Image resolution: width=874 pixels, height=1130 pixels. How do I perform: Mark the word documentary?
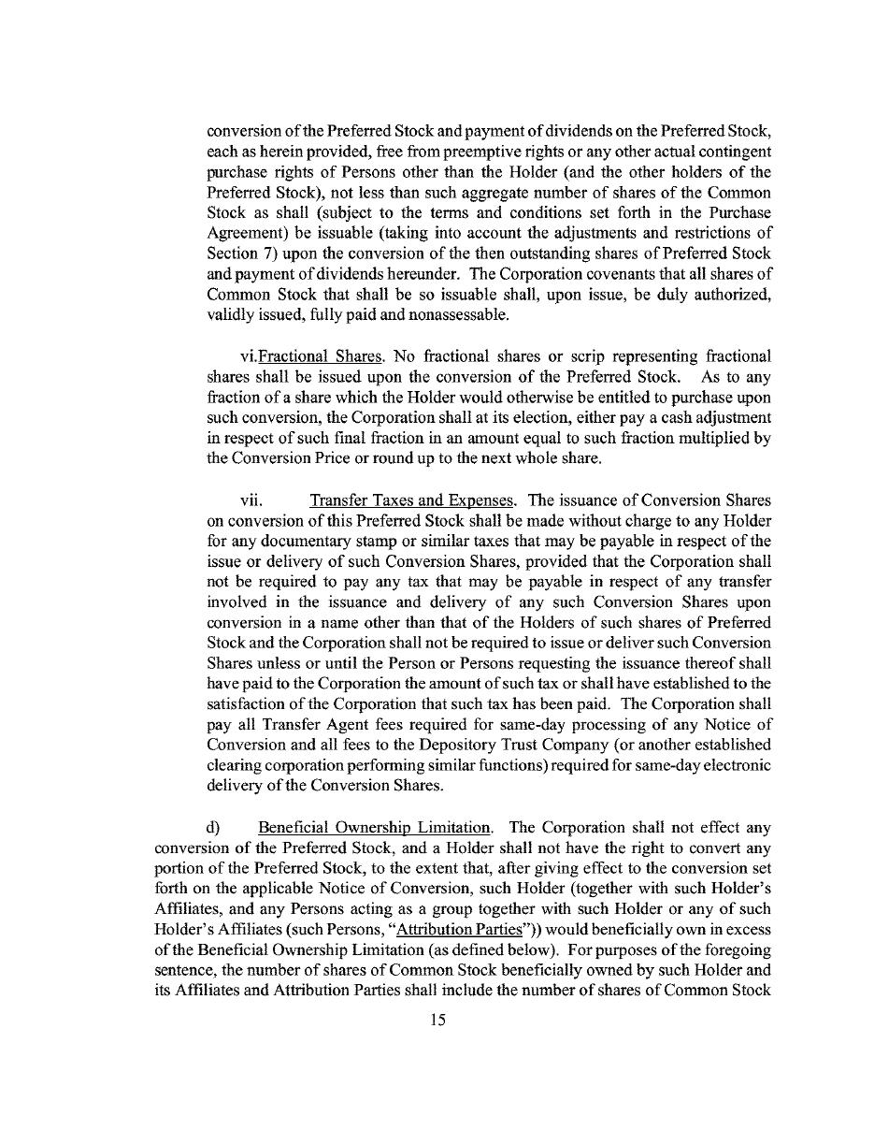pos(275,541)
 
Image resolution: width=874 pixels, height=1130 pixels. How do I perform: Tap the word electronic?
pos(740,765)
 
